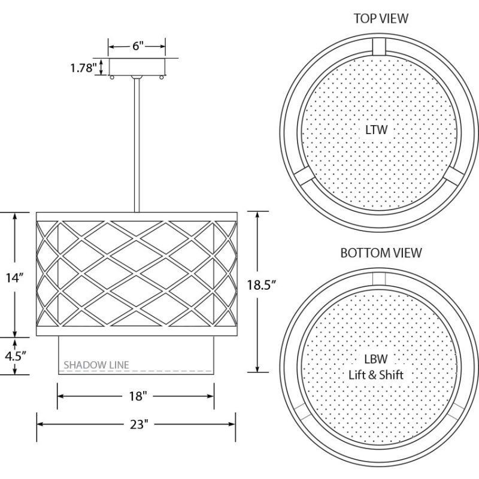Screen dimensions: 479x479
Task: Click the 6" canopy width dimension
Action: tap(138, 47)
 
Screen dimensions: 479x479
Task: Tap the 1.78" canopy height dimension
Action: tap(84, 68)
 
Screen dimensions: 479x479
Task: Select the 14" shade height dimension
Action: tap(14, 278)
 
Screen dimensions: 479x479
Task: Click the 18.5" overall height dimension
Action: tap(261, 285)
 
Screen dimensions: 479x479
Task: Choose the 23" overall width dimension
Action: tap(139, 424)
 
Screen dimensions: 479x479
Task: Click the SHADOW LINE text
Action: tap(96, 365)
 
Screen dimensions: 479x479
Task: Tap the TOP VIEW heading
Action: tap(381, 19)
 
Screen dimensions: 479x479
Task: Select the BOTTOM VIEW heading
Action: tap(381, 253)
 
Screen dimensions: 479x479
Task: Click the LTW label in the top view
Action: tap(377, 130)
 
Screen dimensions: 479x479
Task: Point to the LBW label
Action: tap(376, 359)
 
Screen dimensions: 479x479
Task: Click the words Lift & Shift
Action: tap(376, 375)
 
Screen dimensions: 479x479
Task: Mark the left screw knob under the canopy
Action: tap(112, 77)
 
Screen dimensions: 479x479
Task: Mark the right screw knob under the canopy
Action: tap(162, 77)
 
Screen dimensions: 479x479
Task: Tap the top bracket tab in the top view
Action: tap(379, 47)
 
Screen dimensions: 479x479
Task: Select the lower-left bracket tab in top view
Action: tap(304, 176)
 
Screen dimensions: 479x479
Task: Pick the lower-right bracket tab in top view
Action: tap(454, 176)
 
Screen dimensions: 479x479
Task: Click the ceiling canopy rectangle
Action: tap(137, 66)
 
